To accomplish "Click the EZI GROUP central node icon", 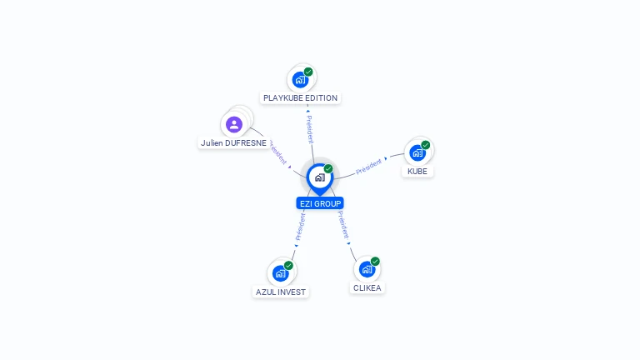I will [x=319, y=177].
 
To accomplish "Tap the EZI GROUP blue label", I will [x=320, y=203].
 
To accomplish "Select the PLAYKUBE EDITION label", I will [x=300, y=98].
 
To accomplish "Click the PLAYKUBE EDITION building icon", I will [x=300, y=81].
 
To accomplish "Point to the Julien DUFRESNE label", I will [x=234, y=142].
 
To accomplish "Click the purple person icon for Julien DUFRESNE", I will [x=234, y=124].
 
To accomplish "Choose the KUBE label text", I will [x=417, y=171].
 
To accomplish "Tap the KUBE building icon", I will [x=417, y=153].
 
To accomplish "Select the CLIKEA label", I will [x=367, y=287].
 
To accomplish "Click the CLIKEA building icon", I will [x=367, y=269].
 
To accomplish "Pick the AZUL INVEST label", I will [x=281, y=292].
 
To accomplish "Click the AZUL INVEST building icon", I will [x=280, y=273].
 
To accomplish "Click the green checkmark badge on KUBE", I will [x=426, y=145].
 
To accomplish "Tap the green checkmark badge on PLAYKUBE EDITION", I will [x=308, y=72].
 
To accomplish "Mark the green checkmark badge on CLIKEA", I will [x=375, y=261].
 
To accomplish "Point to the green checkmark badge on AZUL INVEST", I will [x=289, y=264].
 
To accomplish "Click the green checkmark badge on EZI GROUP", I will [x=328, y=168].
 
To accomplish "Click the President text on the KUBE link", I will [x=369, y=166].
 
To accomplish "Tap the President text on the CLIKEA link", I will [x=343, y=225].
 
